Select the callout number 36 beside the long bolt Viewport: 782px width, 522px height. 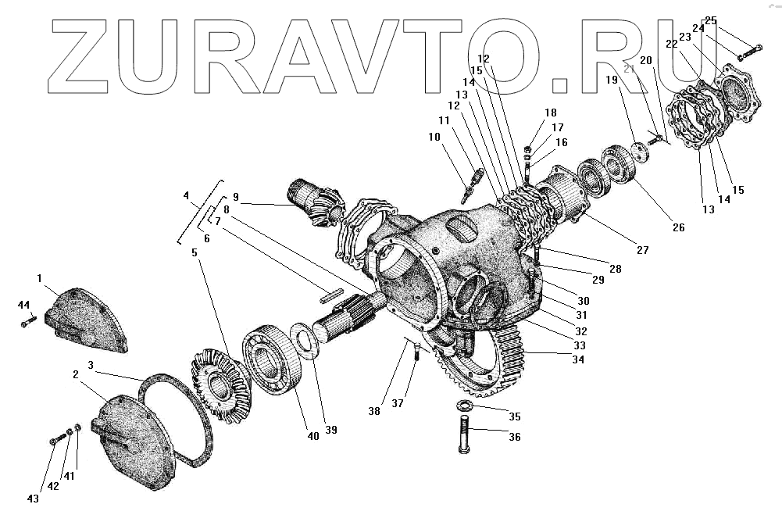515,437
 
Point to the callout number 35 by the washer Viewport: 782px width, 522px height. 515,417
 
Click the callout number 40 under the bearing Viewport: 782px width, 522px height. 312,437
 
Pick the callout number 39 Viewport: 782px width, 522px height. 331,431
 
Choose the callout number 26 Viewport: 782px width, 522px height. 678,227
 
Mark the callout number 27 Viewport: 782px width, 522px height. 642,251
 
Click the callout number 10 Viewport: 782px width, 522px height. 434,138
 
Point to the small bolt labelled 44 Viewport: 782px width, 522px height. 29,320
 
